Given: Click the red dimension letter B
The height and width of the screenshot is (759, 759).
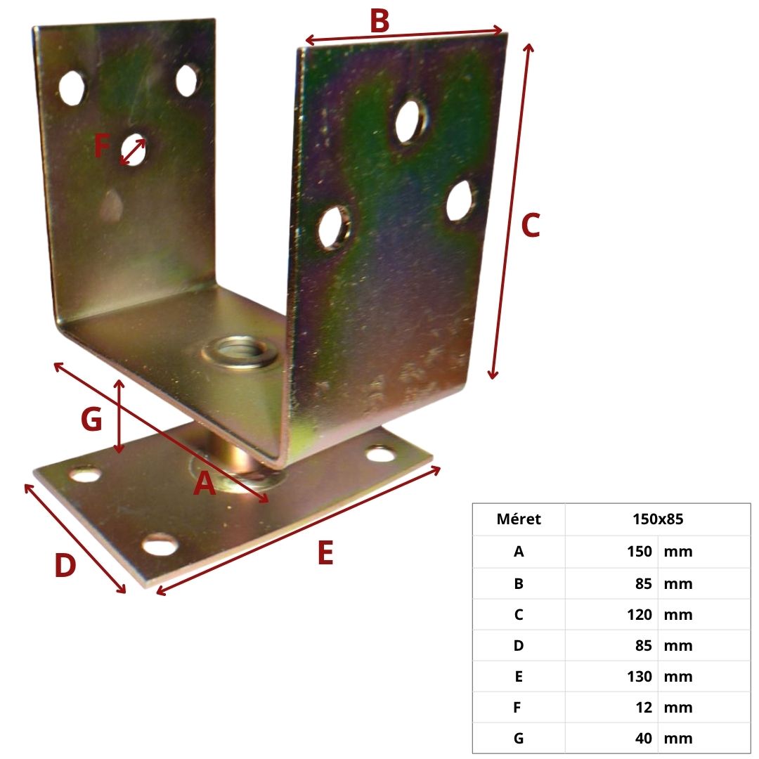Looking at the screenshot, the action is [x=379, y=21].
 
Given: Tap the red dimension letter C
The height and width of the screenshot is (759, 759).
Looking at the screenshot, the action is [x=531, y=226].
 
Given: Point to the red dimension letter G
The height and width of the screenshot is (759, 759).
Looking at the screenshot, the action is [x=91, y=419].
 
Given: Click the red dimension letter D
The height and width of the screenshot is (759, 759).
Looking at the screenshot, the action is [x=65, y=565].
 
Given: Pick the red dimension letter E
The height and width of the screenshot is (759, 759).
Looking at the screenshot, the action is [x=326, y=553].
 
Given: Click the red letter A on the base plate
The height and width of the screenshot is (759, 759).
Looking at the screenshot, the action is [x=205, y=483].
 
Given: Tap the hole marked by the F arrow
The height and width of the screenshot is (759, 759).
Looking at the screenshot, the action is [x=133, y=150].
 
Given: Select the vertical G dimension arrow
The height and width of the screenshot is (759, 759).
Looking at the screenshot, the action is [x=119, y=417].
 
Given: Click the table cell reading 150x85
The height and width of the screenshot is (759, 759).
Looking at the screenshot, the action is [x=658, y=519].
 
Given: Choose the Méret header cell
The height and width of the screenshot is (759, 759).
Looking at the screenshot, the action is [x=519, y=519].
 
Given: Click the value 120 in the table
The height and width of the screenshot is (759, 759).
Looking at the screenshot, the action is [x=640, y=615].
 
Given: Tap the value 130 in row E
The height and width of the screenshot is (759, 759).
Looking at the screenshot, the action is [x=640, y=677].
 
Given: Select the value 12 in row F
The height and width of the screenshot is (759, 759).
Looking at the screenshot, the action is [x=644, y=708].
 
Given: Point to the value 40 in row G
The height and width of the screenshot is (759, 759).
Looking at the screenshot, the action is [x=644, y=739].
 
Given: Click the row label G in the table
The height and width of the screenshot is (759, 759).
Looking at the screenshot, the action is [x=519, y=739].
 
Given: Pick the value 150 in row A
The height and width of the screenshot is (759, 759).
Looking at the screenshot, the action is [x=640, y=552].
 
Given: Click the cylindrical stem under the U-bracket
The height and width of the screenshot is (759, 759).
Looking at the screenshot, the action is [x=231, y=453].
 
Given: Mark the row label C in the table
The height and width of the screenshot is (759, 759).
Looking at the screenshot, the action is [x=519, y=615].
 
